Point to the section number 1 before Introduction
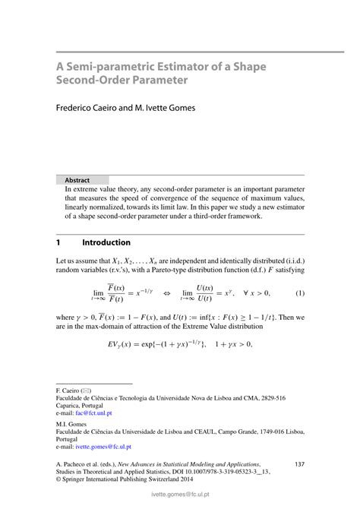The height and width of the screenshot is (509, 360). click(x=58, y=243)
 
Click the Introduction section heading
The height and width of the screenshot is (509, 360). click(x=106, y=243)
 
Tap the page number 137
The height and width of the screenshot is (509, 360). click(x=298, y=463)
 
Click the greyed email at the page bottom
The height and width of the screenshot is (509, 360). click(x=179, y=502)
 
